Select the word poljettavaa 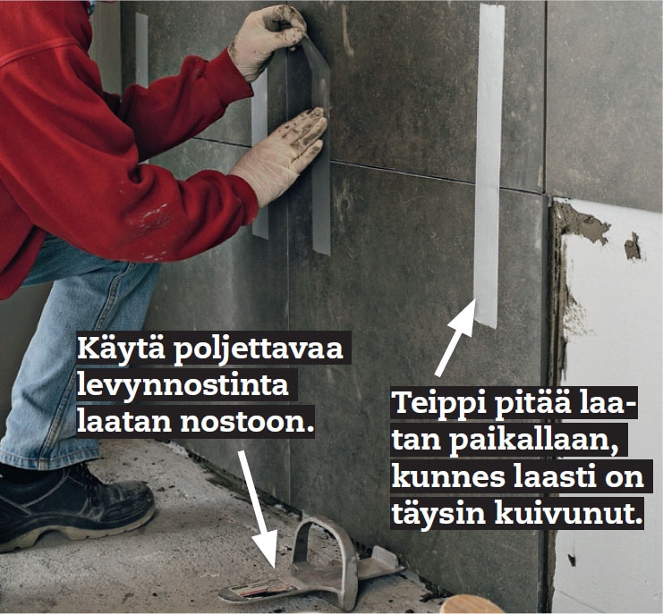(258, 350)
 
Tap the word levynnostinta (183, 385)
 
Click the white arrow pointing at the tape (455, 338)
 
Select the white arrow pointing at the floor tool (258, 509)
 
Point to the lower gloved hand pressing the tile (281, 156)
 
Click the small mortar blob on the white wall (633, 246)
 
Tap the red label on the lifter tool (258, 589)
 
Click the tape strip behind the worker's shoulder (141, 51)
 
